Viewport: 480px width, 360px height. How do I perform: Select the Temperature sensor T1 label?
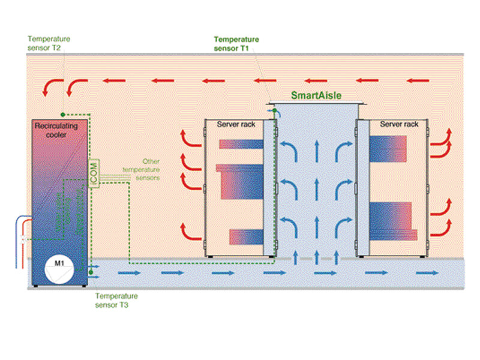236,44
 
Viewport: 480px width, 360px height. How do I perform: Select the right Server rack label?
399,124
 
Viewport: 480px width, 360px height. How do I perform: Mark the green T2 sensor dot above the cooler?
63,112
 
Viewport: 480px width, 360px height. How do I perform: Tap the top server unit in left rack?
241,144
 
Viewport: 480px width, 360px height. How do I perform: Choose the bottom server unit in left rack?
246,236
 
